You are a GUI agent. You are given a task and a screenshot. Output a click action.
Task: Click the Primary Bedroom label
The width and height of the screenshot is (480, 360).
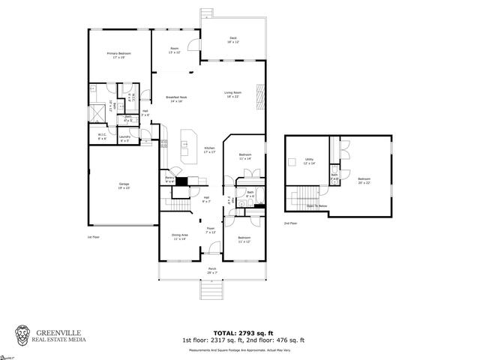[x=120, y=55]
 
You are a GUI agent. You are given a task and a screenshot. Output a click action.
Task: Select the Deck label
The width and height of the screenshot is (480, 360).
[x=232, y=40]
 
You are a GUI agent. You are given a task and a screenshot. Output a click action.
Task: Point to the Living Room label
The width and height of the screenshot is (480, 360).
[x=232, y=94]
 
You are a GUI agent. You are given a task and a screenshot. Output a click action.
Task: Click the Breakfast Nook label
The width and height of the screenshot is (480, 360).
[x=176, y=98]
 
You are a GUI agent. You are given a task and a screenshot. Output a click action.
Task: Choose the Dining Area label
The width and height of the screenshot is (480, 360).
[x=180, y=236]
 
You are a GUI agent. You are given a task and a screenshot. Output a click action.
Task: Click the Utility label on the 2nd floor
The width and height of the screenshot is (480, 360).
[x=309, y=160]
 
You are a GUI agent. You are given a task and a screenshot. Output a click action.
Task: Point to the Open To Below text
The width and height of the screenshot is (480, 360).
[x=318, y=205]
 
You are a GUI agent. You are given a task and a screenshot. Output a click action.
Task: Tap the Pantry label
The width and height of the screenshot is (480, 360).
[x=170, y=179]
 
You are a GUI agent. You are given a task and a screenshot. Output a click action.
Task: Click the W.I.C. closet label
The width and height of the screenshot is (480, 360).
[x=102, y=136]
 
